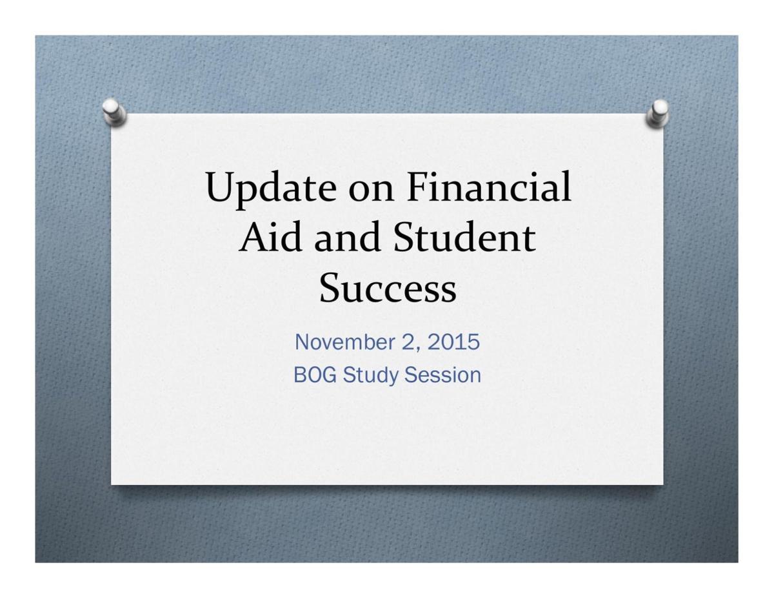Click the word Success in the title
(388, 288)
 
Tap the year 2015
(454, 342)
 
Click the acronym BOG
(315, 375)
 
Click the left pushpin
(114, 112)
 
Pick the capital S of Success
(331, 288)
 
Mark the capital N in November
(302, 342)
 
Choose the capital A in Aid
(253, 237)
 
